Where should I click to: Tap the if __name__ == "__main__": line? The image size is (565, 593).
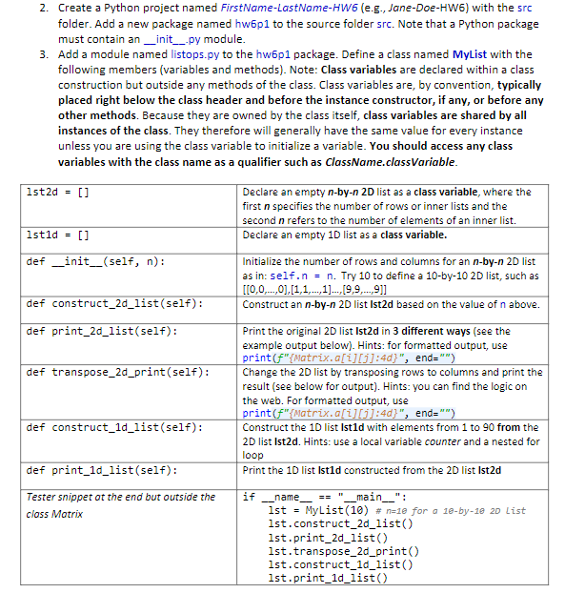[x=325, y=497]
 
